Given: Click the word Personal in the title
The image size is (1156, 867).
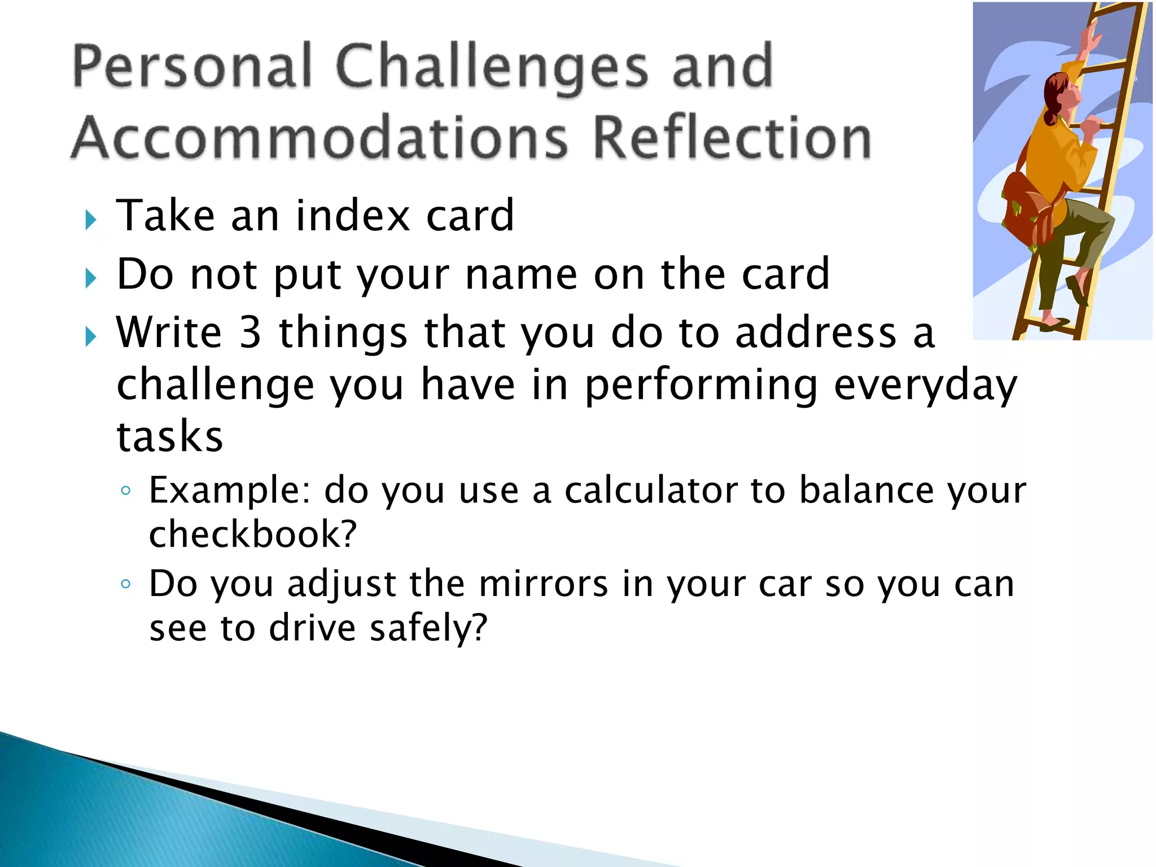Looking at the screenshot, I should (192, 68).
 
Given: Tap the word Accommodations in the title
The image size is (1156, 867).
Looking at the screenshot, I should (319, 138).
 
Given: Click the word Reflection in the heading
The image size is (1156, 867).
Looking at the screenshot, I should (732, 138).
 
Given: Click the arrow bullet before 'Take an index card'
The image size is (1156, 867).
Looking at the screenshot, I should (91, 220).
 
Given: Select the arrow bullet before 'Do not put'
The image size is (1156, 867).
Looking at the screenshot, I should (91, 278).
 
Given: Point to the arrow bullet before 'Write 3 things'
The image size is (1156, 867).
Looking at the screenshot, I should (91, 337).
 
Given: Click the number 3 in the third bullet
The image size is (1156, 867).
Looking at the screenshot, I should (250, 332).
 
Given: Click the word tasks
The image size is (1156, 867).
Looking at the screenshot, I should (170, 437).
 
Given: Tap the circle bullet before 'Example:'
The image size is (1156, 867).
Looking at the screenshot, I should (126, 491).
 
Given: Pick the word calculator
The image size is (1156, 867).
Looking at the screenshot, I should (650, 491).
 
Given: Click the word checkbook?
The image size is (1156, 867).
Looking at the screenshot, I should (252, 535).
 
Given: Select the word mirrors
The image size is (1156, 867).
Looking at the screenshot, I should (543, 584).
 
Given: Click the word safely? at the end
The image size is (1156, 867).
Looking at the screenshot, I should (428, 629).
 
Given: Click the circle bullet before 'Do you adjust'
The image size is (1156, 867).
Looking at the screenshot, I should (126, 584).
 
